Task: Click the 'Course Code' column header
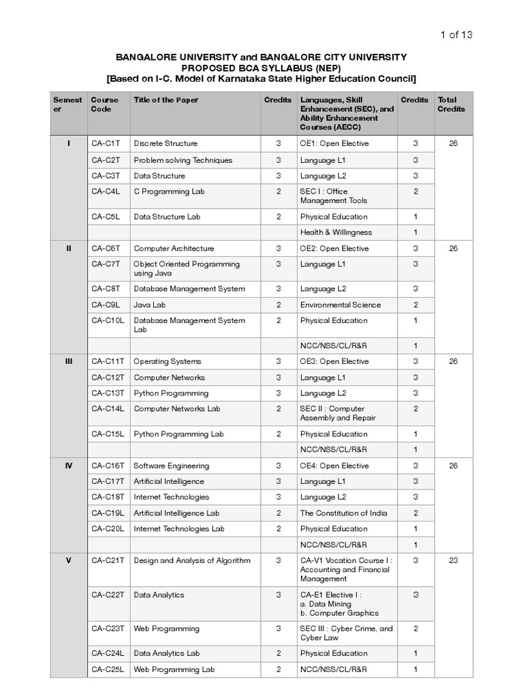click(104, 104)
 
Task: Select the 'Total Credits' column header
click(451, 104)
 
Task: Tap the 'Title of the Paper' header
click(166, 100)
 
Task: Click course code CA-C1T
click(106, 144)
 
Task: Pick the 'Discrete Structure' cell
click(165, 144)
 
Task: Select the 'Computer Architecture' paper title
click(174, 249)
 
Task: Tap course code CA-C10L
click(108, 320)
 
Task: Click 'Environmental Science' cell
click(340, 305)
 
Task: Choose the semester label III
click(69, 361)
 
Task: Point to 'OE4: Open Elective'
click(334, 466)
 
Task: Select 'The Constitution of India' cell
click(343, 513)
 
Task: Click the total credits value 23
click(454, 561)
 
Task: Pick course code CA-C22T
click(108, 595)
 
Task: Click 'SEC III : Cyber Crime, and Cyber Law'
click(346, 633)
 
